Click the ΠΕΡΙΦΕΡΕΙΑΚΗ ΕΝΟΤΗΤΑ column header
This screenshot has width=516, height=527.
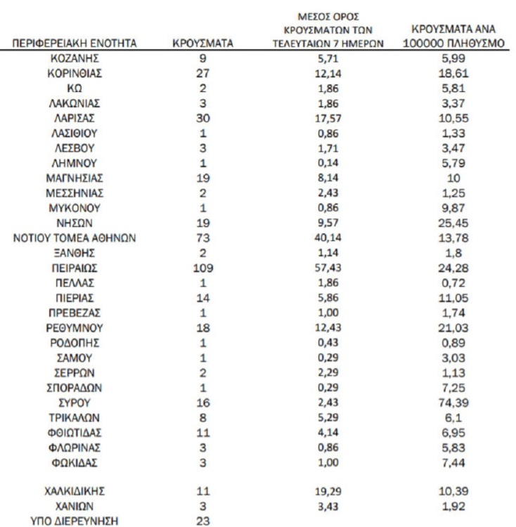click(75, 45)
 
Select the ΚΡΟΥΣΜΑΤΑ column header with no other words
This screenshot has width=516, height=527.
click(203, 45)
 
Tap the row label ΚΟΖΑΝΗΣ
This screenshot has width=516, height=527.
click(75, 59)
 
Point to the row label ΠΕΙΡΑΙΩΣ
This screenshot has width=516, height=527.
click(75, 267)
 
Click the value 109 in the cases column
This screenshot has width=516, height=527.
click(203, 267)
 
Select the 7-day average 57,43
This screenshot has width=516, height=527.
click(325, 267)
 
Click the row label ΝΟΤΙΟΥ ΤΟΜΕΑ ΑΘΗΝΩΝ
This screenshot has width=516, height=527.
click(75, 238)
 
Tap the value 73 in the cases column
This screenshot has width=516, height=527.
click(203, 238)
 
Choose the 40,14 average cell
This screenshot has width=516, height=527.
click(325, 238)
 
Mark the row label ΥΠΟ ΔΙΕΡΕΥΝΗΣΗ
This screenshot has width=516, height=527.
click(75, 520)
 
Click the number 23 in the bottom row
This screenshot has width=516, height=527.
click(203, 520)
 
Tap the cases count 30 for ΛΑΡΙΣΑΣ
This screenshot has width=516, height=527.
click(203, 117)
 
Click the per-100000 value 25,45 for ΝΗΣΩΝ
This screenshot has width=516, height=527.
click(453, 223)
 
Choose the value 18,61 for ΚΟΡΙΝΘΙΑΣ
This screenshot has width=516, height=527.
click(453, 74)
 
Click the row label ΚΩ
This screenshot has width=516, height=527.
click(75, 89)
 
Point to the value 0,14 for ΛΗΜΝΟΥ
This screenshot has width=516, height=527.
click(325, 163)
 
